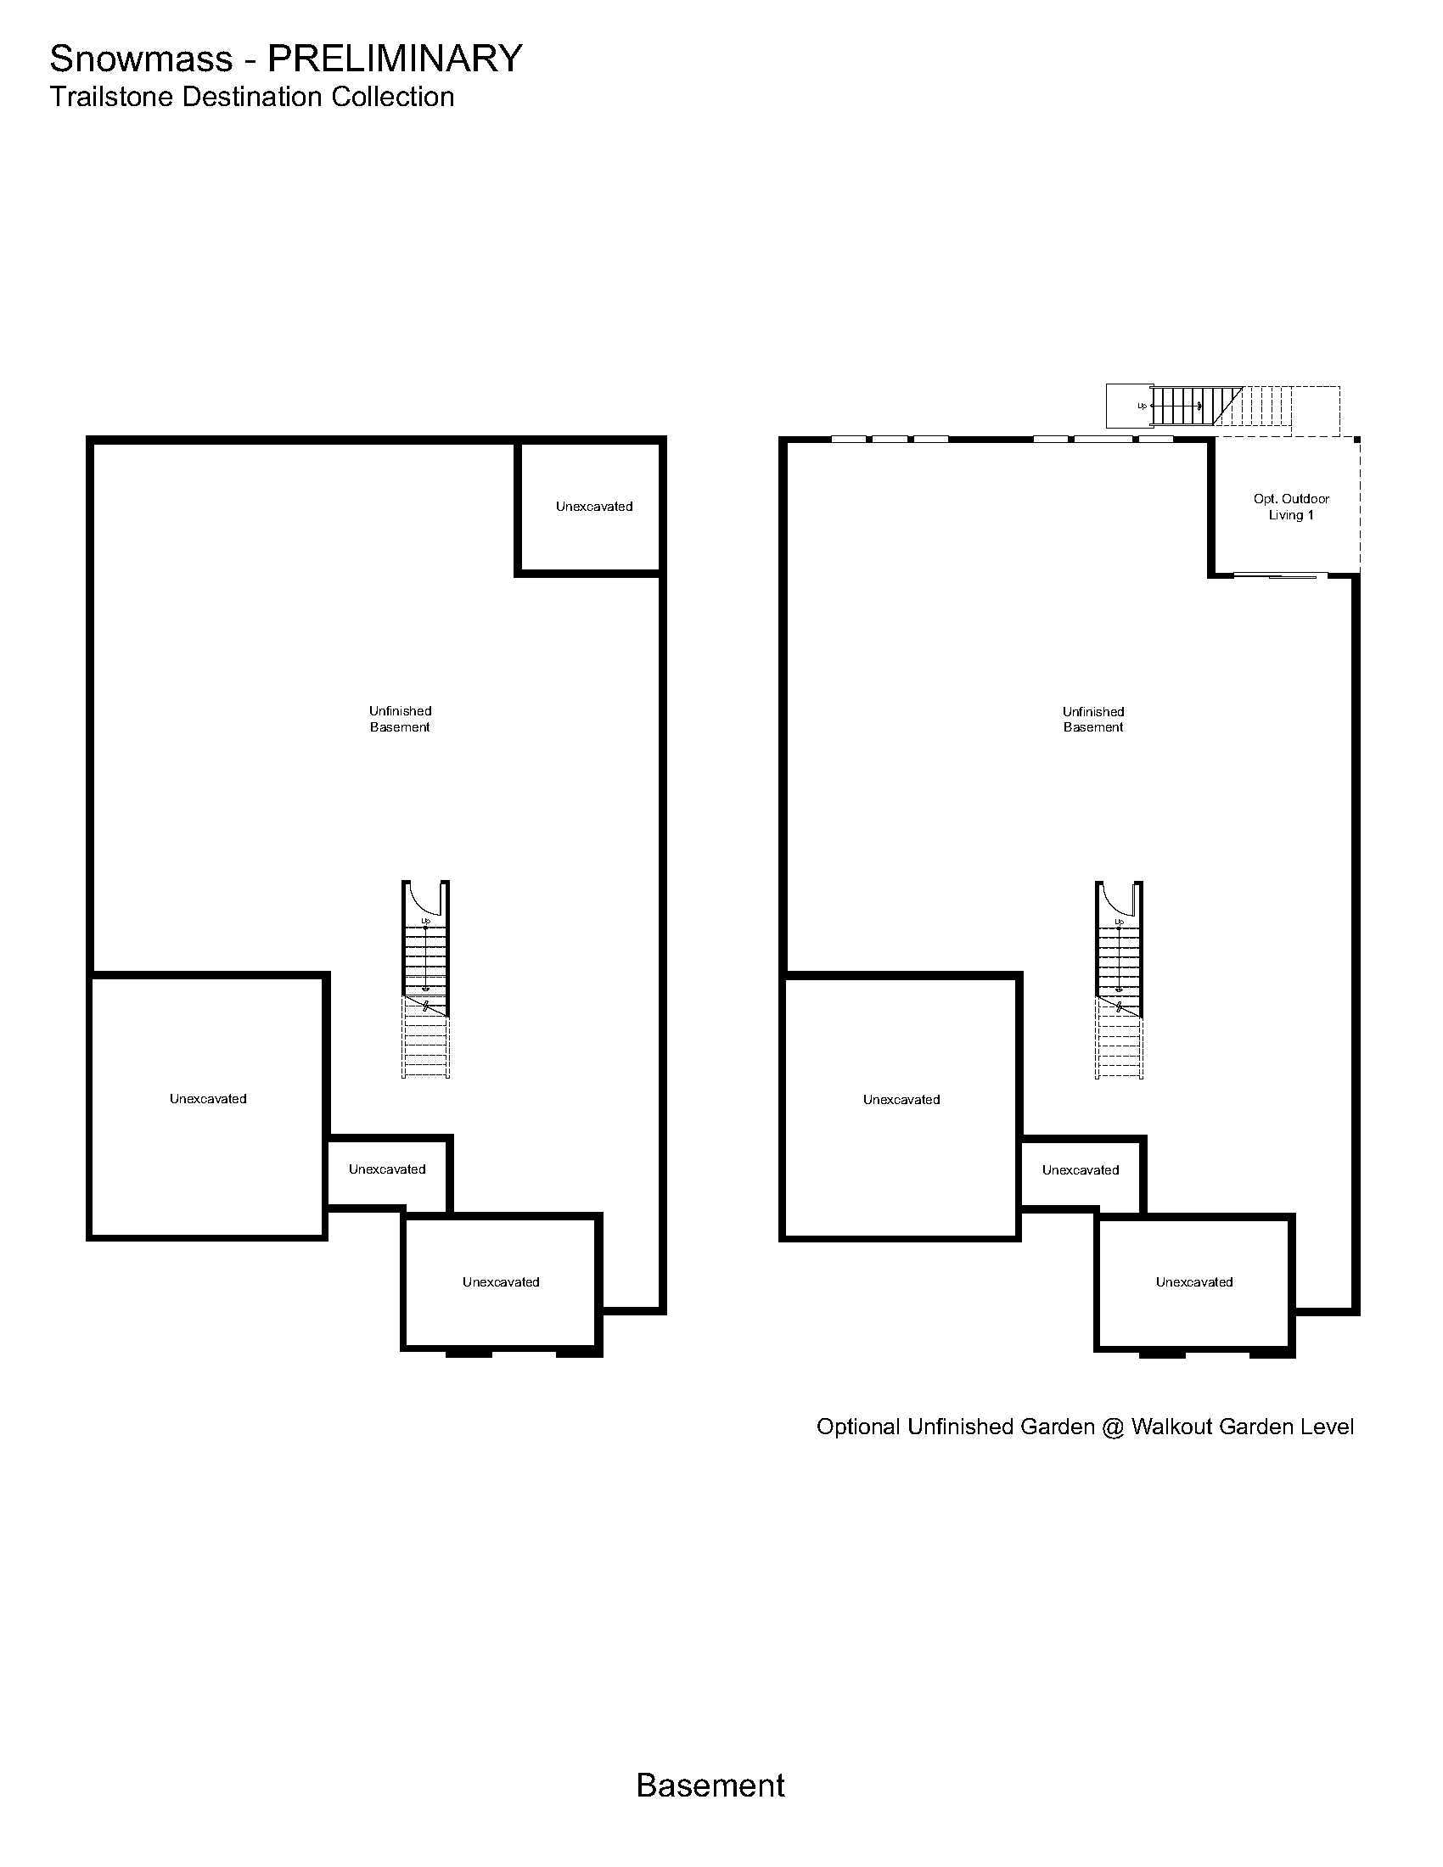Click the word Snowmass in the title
(141, 58)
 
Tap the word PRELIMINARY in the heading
(395, 58)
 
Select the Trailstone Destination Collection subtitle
(251, 97)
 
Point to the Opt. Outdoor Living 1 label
(1291, 507)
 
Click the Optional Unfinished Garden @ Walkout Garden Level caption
(1085, 1427)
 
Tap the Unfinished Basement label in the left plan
(400, 719)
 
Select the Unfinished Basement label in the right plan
(1093, 719)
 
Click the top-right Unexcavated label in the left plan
(594, 506)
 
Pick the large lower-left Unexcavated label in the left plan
(208, 1098)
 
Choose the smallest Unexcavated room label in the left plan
(387, 1169)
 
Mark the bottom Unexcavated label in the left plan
(501, 1281)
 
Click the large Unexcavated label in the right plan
(901, 1099)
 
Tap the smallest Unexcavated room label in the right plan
(1081, 1169)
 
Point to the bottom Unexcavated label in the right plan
(1194, 1281)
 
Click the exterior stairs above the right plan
(1222, 406)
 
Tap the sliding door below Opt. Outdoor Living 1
(1280, 576)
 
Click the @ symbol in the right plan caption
(1112, 1427)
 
